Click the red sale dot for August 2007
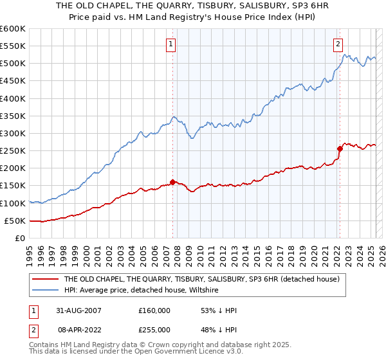[172, 182]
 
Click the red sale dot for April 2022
[339, 148]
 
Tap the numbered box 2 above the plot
[338, 44]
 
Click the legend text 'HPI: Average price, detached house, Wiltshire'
[141, 291]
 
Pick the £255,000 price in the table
[154, 329]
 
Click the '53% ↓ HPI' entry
[219, 310]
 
